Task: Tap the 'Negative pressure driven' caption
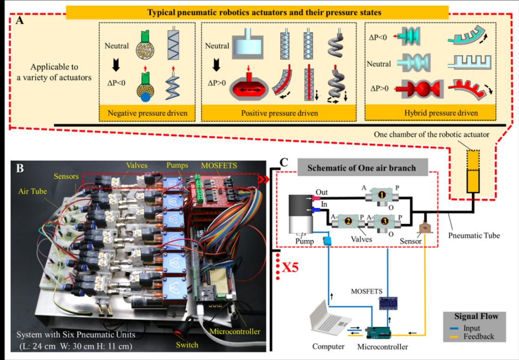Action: click(x=147, y=113)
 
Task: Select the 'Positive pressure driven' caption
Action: click(x=279, y=113)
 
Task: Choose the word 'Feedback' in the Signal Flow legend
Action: click(x=479, y=337)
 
